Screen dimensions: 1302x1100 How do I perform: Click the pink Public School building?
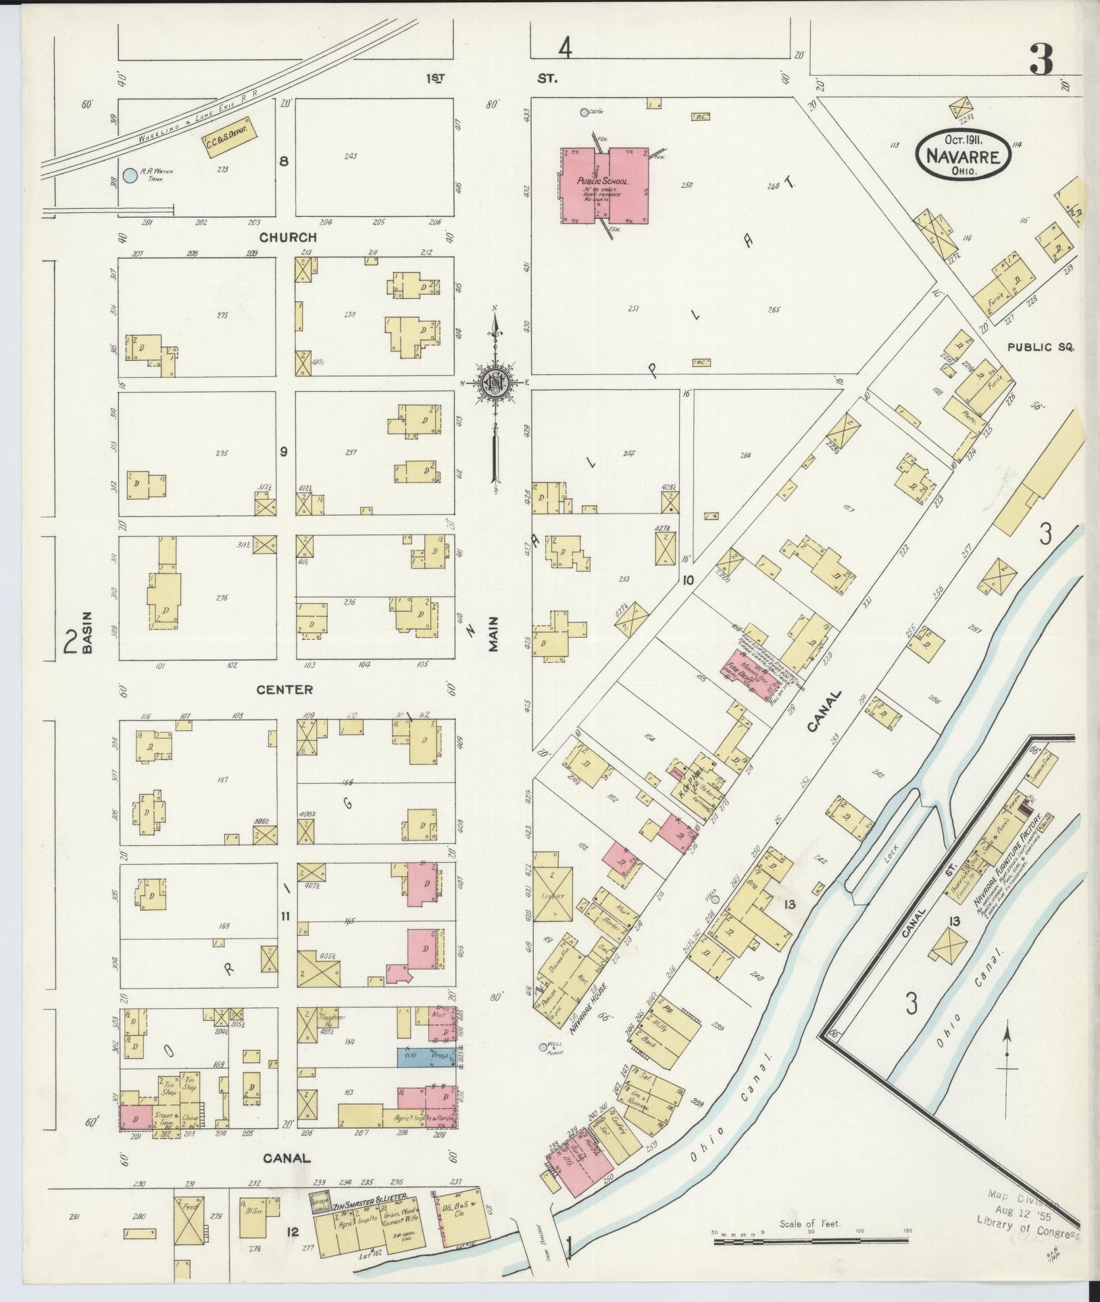(603, 186)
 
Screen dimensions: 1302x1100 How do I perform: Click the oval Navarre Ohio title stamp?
(963, 154)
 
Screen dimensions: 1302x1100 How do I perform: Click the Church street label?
(288, 237)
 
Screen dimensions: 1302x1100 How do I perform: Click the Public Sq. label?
(1040, 347)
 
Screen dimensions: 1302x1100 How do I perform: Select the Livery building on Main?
(552, 896)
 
